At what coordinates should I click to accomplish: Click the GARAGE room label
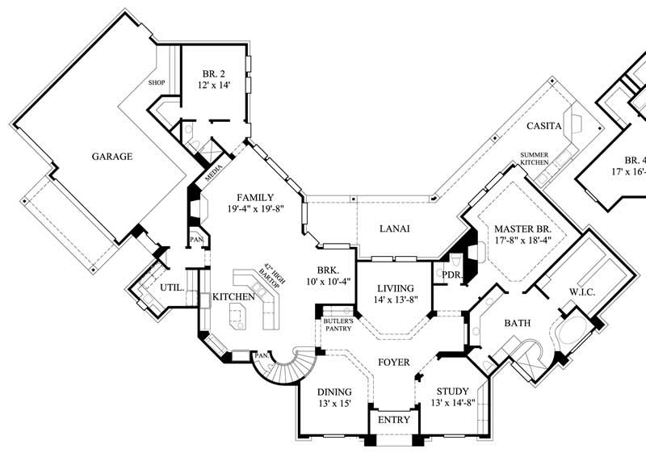[x=111, y=157]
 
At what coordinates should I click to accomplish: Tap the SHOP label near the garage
[x=157, y=82]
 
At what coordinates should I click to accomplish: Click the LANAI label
[x=395, y=228]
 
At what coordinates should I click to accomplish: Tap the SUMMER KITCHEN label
[x=535, y=158]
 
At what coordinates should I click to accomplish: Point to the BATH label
[x=517, y=324]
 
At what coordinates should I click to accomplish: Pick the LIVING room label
[x=396, y=287]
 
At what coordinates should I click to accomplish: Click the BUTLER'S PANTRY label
[x=335, y=325]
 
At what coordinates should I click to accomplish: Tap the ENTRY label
[x=394, y=421]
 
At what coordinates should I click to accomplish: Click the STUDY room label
[x=452, y=390]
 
